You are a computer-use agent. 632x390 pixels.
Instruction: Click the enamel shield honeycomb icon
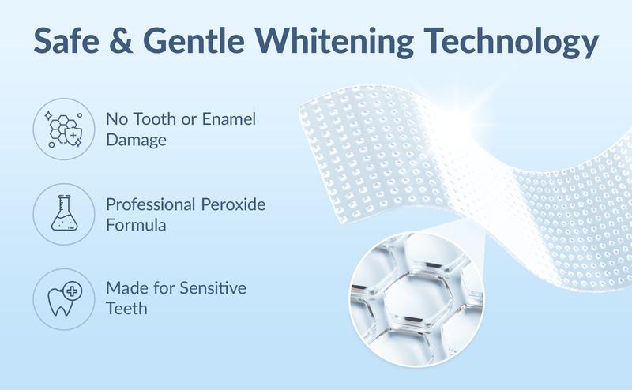pos(62,128)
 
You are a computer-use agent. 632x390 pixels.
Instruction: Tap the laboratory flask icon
pos(62,214)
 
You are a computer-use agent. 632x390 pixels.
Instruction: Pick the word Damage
pos(136,141)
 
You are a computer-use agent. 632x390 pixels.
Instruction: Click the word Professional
pos(150,204)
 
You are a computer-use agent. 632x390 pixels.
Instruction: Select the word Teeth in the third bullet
pos(126,309)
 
